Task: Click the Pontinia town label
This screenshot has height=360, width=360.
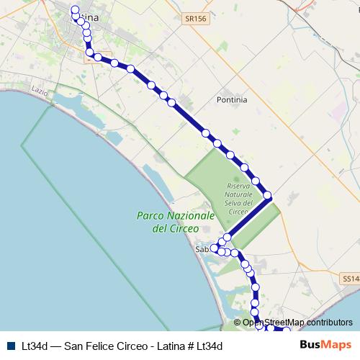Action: [232, 100]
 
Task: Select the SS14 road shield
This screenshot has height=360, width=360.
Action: [348, 277]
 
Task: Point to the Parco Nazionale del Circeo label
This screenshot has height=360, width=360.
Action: [175, 222]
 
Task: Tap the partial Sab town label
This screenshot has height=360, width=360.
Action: [202, 249]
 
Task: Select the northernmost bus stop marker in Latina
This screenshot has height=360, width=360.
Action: [74, 10]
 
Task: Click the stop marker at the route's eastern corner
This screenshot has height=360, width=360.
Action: [268, 195]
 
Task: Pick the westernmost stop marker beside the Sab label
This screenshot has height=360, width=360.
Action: [214, 248]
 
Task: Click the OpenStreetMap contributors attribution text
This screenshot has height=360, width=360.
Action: [297, 323]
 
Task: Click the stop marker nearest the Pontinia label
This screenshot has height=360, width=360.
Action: [206, 132]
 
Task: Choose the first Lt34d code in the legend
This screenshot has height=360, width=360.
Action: [35, 346]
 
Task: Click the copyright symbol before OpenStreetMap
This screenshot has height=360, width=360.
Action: [238, 323]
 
